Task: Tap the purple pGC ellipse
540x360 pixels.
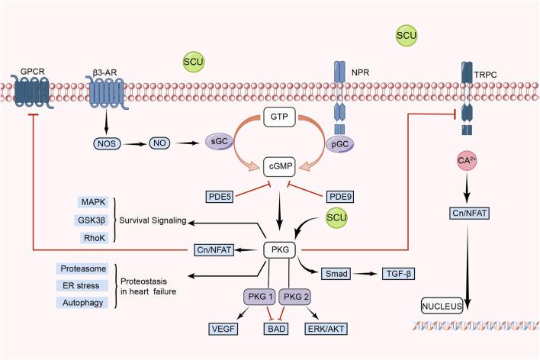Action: click(340, 142)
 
